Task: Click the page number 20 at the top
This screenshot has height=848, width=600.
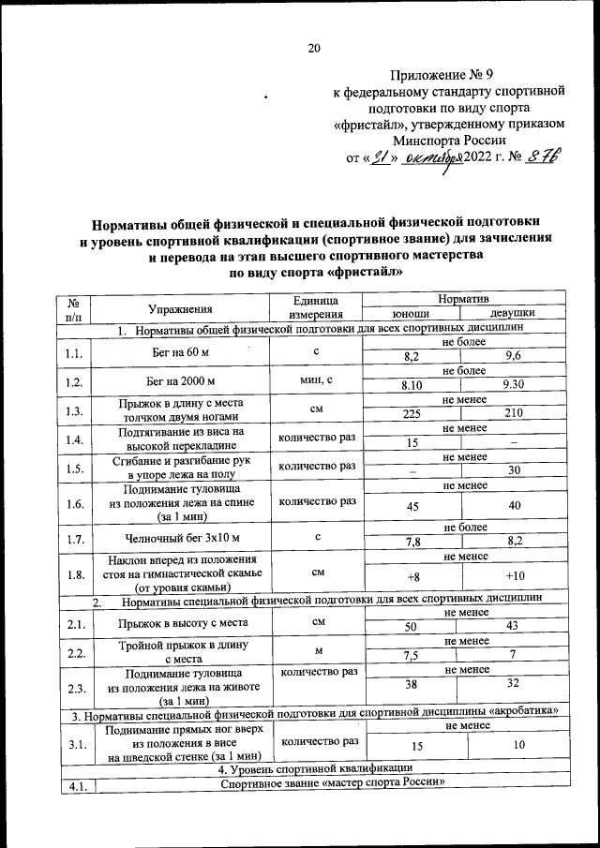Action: click(x=314, y=49)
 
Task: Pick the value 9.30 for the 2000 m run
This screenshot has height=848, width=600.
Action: click(x=513, y=385)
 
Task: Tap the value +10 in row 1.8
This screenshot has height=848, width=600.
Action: click(x=513, y=574)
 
